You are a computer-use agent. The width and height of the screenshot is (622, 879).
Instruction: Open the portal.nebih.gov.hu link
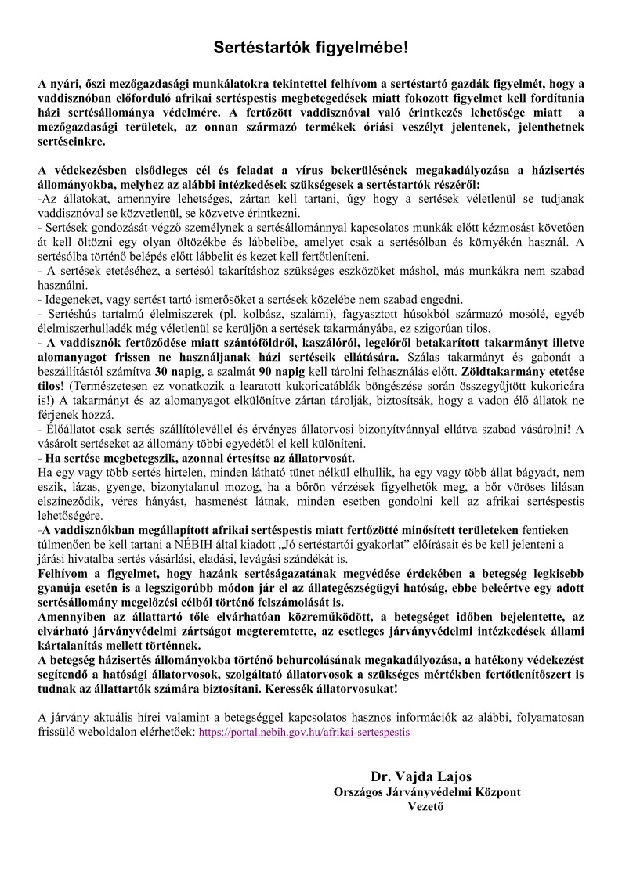304,733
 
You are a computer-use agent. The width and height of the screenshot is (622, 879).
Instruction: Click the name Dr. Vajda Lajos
425,777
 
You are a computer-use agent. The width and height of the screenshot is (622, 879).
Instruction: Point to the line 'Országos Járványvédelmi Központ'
427,792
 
